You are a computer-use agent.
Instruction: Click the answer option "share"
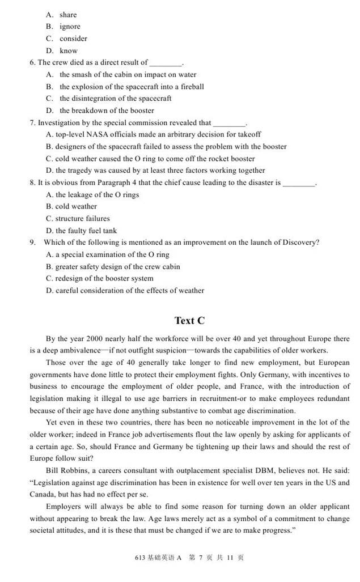(x=68, y=15)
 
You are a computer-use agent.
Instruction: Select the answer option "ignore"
(x=70, y=27)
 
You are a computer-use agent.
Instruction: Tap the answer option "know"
(x=69, y=51)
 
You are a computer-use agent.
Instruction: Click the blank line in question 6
(x=166, y=63)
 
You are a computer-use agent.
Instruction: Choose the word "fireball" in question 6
(x=190, y=87)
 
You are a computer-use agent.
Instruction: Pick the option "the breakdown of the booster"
(x=107, y=111)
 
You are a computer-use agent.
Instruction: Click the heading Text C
(x=189, y=321)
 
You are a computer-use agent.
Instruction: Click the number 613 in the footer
(x=141, y=558)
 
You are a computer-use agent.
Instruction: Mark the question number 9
(x=33, y=243)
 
